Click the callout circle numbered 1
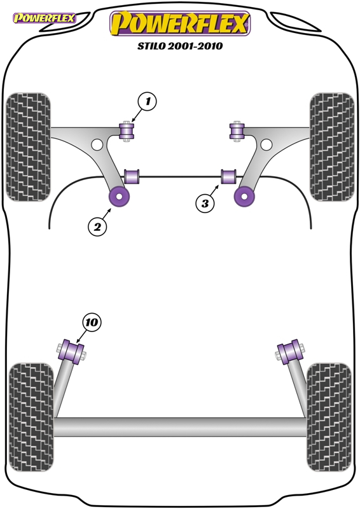(148, 102)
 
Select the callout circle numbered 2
(97, 227)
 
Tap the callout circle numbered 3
(205, 204)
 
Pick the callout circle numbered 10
(92, 323)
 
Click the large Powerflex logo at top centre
(180, 24)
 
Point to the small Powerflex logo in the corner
(44, 18)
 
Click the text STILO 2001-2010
(180, 46)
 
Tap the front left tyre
(28, 147)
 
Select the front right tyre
(332, 147)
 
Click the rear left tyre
(31, 417)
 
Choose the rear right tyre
(329, 417)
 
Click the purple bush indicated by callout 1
(127, 132)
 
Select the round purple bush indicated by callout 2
(119, 197)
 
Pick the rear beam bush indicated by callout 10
(72, 352)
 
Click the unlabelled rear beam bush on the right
(290, 352)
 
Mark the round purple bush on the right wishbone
(244, 197)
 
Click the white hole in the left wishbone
(97, 144)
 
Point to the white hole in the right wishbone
(267, 144)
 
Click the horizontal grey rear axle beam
(180, 426)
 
